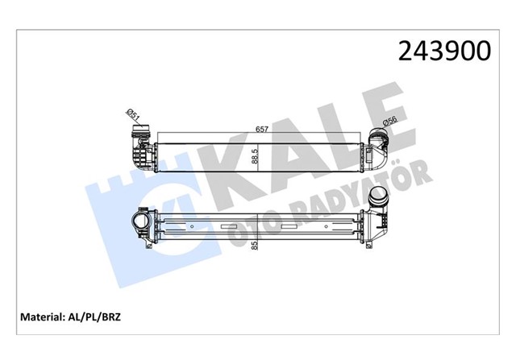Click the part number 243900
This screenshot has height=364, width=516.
point(443,51)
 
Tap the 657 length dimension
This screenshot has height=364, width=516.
point(262,129)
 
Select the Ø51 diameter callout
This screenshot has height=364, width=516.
point(134,120)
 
